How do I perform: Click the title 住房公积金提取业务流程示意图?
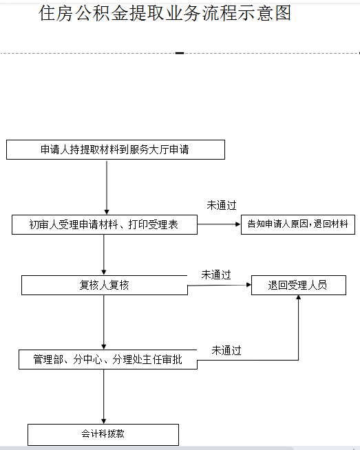165,13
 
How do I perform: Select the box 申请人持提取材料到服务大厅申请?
116,149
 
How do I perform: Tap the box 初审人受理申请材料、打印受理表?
105,224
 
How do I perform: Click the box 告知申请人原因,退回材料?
298,224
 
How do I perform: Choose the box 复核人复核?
105,285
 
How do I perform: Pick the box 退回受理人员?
299,285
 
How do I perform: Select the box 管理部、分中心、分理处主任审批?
108,359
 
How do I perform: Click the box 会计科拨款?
103,434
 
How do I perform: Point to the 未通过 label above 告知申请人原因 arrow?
222,205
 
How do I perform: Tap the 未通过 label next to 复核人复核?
216,275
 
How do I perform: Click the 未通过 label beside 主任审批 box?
226,350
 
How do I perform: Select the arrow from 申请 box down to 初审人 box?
107,187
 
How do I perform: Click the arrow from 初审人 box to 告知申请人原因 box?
219,224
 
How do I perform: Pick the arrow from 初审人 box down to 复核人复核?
104,255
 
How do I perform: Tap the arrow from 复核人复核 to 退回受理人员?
220,285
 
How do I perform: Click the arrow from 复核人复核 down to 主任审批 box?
104,322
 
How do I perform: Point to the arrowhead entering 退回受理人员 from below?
299,297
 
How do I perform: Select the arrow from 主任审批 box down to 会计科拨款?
104,396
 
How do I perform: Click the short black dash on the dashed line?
180,53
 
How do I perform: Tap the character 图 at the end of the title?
284,13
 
